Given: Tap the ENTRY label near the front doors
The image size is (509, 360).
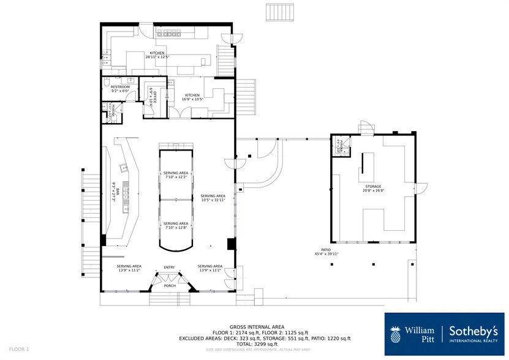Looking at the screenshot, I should click(x=169, y=268).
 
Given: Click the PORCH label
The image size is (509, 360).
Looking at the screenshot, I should click(x=169, y=285).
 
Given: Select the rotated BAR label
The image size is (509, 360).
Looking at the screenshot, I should click(x=113, y=192).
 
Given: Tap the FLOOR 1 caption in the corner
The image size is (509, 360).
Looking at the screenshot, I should click(x=18, y=349).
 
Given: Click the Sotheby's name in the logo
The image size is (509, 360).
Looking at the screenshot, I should click(x=475, y=331).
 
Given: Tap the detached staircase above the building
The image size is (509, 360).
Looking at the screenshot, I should click(x=282, y=12).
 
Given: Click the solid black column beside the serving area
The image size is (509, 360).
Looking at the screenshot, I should click(x=231, y=244).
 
